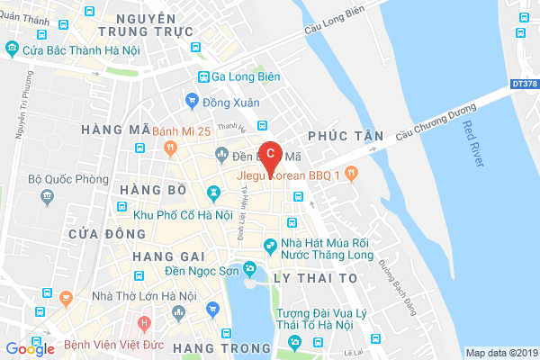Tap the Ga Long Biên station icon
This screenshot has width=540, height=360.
point(204,76)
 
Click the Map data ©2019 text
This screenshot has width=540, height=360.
point(500,352)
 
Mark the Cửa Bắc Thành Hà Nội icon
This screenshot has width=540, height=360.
point(13,51)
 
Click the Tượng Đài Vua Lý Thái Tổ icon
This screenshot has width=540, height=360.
point(293,342)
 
